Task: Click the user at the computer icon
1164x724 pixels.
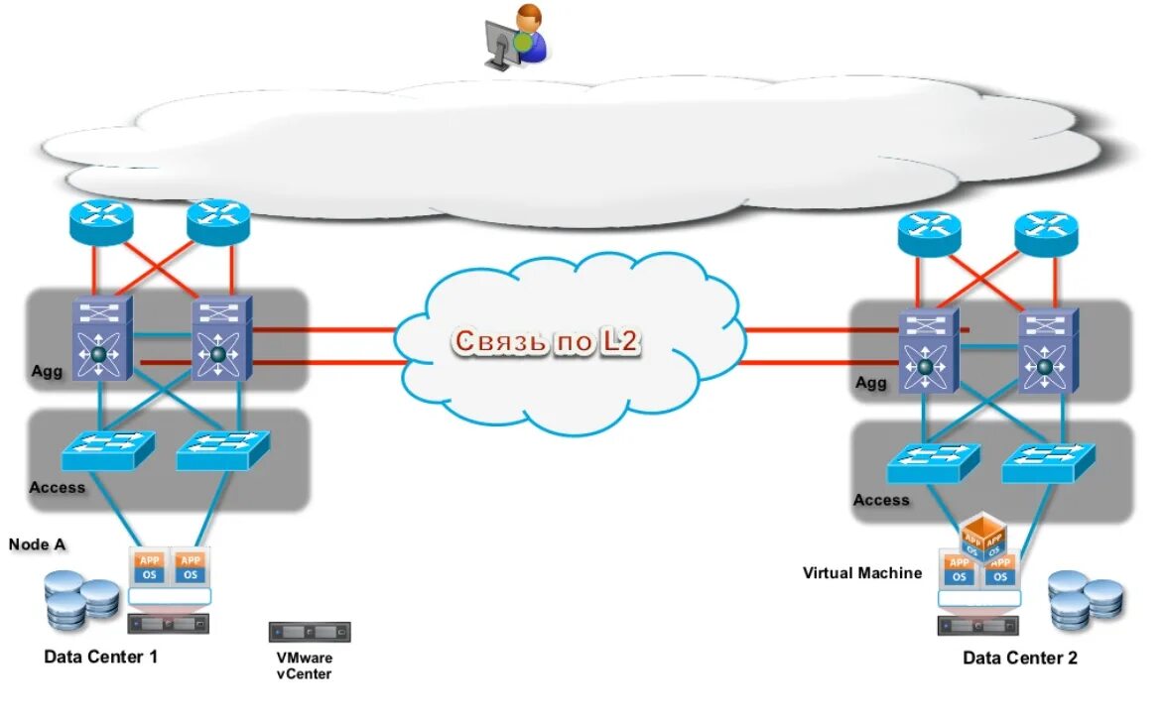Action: (x=515, y=36)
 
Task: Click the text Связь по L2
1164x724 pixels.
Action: (x=547, y=341)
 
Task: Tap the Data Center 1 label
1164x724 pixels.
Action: (x=100, y=657)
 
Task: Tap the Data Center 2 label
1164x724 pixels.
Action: (x=1019, y=658)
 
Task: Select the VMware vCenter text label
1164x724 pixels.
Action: (x=305, y=665)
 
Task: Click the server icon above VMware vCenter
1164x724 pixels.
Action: (x=310, y=632)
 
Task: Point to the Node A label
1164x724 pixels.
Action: (x=37, y=544)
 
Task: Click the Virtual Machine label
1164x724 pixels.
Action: (x=861, y=573)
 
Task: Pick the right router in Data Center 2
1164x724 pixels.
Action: (x=1046, y=233)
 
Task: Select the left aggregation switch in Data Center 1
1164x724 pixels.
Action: (x=100, y=339)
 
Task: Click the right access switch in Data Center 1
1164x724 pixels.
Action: (x=223, y=450)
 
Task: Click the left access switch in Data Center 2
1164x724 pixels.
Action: (x=933, y=461)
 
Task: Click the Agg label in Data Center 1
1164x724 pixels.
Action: (x=46, y=371)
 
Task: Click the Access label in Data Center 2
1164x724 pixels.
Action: (x=881, y=500)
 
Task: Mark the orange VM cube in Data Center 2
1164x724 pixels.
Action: (x=982, y=537)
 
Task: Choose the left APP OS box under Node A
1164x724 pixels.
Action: (x=150, y=567)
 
